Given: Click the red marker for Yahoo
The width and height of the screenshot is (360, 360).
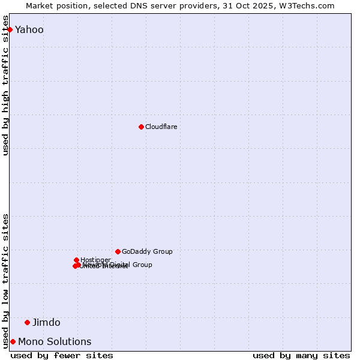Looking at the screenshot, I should [10, 29].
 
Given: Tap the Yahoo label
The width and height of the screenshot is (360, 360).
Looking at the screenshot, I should [29, 29].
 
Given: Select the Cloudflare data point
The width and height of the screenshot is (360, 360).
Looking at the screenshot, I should [141, 127].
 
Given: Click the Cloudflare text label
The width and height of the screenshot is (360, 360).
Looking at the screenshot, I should [161, 127].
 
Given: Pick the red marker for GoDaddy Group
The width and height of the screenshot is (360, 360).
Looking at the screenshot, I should [118, 251].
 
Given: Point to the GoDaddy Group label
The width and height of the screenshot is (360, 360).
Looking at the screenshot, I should [147, 251].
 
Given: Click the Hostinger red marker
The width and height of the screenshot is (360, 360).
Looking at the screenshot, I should [76, 260].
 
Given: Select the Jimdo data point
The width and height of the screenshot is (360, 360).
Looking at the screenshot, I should [27, 322].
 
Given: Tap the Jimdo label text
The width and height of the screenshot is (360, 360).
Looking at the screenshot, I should [46, 322].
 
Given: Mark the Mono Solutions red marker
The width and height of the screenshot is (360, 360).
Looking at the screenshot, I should [13, 341].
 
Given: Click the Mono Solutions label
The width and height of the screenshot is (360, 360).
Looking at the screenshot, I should [55, 341].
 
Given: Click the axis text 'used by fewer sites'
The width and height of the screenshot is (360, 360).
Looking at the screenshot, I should [62, 355].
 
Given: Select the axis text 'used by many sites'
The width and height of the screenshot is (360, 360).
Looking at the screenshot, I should [301, 355].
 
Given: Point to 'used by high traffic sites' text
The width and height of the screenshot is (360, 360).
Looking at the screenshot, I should [6, 85].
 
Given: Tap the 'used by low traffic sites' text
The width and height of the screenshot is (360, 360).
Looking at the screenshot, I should [6, 280].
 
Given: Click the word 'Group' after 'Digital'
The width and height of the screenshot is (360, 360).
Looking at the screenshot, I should [142, 265].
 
